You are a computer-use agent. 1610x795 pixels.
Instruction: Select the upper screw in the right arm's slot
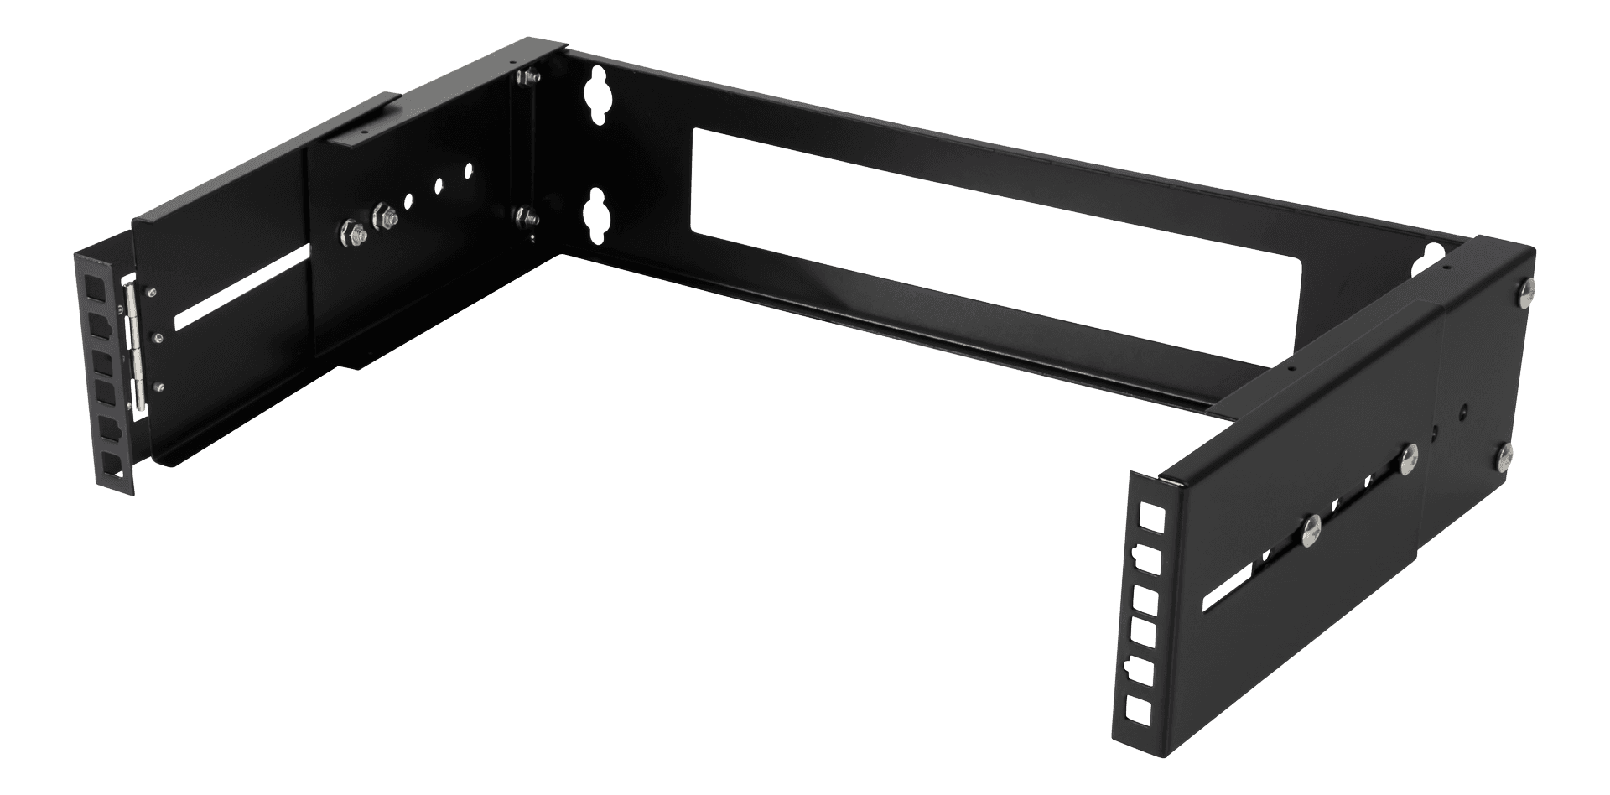(x=1408, y=456)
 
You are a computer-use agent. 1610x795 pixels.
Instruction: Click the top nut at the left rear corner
(x=527, y=77)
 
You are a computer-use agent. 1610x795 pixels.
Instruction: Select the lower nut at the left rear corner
(x=527, y=217)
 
